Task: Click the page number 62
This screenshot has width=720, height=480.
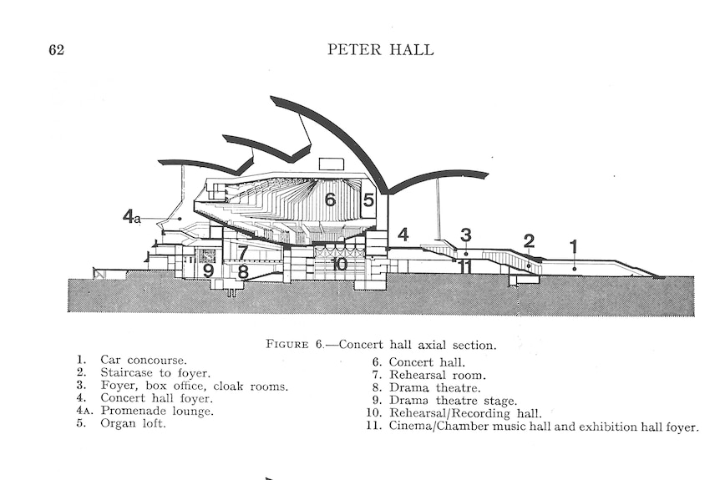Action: coord(57,49)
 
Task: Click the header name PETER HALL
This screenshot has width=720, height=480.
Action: coord(380,49)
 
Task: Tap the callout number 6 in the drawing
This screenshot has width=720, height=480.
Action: coord(330,200)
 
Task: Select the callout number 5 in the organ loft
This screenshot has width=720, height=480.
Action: coord(368,200)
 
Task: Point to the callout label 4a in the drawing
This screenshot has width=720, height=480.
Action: coord(131,216)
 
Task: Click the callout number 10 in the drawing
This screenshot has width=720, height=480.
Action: coord(339,264)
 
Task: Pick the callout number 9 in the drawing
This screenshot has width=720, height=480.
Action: coord(209,270)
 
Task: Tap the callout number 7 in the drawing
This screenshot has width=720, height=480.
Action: coord(243,253)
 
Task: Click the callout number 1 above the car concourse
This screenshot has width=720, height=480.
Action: coord(573,247)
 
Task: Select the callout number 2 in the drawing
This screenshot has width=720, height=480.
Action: coord(529,241)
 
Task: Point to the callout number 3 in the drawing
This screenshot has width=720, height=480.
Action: coord(465,235)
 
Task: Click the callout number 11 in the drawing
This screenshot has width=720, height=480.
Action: coord(464,266)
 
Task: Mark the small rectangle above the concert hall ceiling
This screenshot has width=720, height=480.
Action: coord(331,164)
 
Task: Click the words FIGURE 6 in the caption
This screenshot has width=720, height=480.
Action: coord(295,344)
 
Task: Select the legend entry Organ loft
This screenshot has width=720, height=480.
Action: coord(133,423)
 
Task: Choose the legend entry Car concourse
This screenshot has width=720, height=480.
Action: coord(144,361)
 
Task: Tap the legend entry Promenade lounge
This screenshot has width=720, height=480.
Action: coord(157,411)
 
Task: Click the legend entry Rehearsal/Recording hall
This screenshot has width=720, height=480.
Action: coord(465,413)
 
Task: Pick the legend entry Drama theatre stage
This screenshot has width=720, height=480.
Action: coord(454,401)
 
